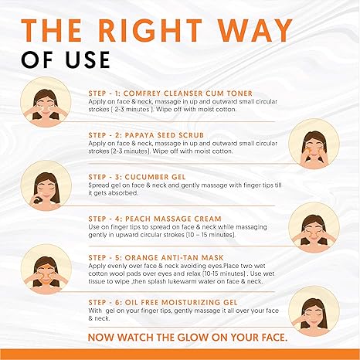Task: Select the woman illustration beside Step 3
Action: pos(42,188)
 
